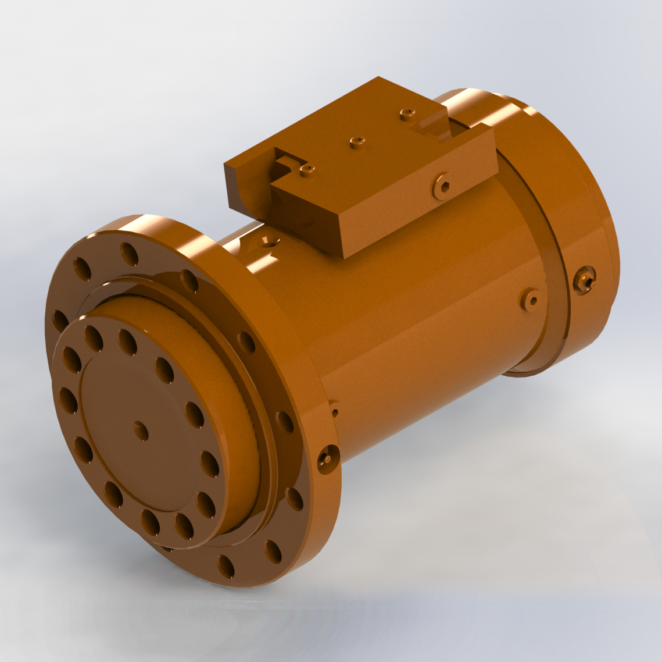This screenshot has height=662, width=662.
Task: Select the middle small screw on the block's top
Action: tap(357, 141)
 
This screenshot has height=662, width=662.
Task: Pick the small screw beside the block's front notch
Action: tap(306, 169)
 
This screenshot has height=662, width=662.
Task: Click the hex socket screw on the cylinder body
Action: tap(531, 299)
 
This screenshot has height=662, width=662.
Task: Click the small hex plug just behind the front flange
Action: tap(334, 409)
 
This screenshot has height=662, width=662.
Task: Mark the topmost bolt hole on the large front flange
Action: tap(129, 252)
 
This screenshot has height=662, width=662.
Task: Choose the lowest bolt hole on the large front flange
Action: tap(226, 565)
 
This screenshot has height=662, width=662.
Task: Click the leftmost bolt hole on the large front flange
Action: tap(59, 321)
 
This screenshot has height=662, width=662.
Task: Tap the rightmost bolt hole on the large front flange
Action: tap(295, 499)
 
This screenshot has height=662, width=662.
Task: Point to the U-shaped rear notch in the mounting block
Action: tap(433, 128)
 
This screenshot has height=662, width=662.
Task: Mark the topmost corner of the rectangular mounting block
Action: tap(378, 77)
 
